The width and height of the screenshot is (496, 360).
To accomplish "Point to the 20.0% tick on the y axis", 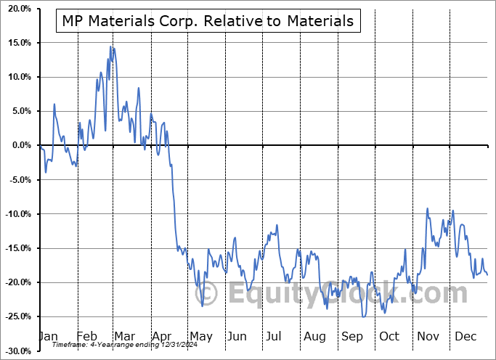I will [16, 9].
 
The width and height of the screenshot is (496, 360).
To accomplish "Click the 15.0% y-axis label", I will [16, 43].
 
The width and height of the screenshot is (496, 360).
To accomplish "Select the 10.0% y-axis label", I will [16, 77].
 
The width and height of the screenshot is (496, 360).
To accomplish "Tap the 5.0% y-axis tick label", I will [18, 111].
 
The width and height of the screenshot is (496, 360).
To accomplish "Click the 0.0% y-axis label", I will [18, 145].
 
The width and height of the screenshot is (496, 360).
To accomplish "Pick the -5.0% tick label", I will [17, 180].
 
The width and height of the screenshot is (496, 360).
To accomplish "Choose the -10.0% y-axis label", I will [15, 214].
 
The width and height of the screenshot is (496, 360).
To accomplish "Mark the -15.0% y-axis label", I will [15, 248].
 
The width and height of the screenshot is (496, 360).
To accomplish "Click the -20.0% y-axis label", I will [15, 282].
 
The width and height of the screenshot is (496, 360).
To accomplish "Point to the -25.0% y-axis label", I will [15, 316].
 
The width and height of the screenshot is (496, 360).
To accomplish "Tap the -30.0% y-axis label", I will [15, 351].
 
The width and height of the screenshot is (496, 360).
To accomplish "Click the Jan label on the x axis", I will [47, 337].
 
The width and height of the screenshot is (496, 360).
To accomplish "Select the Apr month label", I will [162, 337].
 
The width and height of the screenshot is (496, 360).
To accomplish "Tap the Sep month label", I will [352, 337].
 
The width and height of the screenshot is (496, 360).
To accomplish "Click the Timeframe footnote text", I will [110, 345].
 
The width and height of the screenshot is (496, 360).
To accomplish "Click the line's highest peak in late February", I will [111, 46].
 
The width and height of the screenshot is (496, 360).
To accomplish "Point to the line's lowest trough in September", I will [363, 316].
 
